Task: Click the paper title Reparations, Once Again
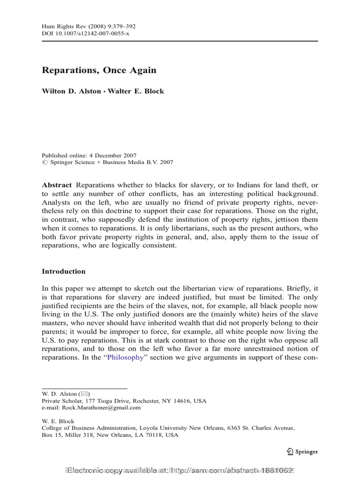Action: [99, 70]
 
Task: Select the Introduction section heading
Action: [64, 271]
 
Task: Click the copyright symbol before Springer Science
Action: [45, 163]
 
